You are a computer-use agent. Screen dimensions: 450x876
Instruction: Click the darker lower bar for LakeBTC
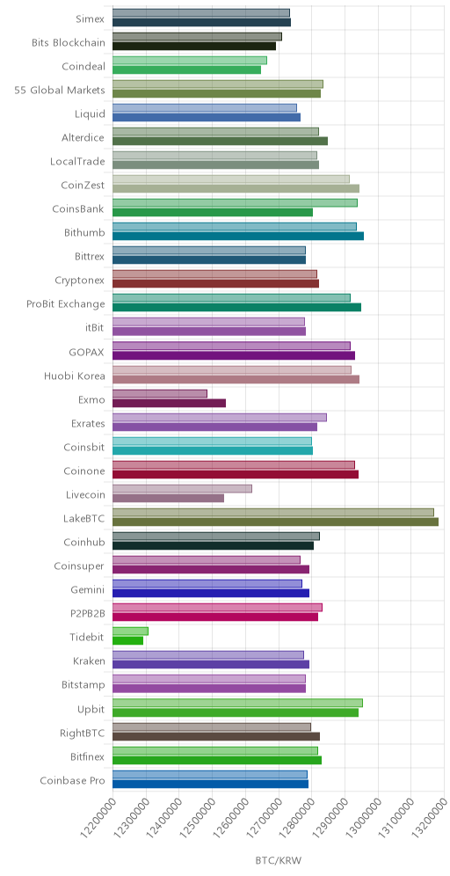pos(275,522)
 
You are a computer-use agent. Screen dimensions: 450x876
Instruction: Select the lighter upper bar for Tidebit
pos(130,631)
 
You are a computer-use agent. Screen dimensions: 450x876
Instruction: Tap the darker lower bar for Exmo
pos(169,404)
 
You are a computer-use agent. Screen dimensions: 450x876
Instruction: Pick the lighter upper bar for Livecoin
pos(182,489)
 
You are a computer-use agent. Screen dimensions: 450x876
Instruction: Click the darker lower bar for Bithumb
pos(238,237)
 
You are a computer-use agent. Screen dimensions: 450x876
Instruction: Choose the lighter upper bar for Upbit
pos(237,703)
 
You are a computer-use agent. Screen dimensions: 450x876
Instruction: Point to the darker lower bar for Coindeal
pos(186,69)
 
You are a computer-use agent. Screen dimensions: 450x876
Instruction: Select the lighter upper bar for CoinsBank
pos(235,203)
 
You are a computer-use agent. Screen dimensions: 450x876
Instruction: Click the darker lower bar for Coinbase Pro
pos(210,784)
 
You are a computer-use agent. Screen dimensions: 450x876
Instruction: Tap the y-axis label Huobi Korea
pos(74,376)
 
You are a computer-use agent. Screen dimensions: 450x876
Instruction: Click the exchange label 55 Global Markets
pos(60,91)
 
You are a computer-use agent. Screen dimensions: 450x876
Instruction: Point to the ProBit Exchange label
pos(66,304)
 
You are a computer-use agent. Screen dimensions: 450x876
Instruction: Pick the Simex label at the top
pos(91,19)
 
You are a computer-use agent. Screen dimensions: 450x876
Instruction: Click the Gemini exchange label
pos(88,590)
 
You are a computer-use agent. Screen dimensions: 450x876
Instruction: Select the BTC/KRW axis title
pos(279,860)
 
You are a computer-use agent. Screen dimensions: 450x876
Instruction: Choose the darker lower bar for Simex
pos(201,22)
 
